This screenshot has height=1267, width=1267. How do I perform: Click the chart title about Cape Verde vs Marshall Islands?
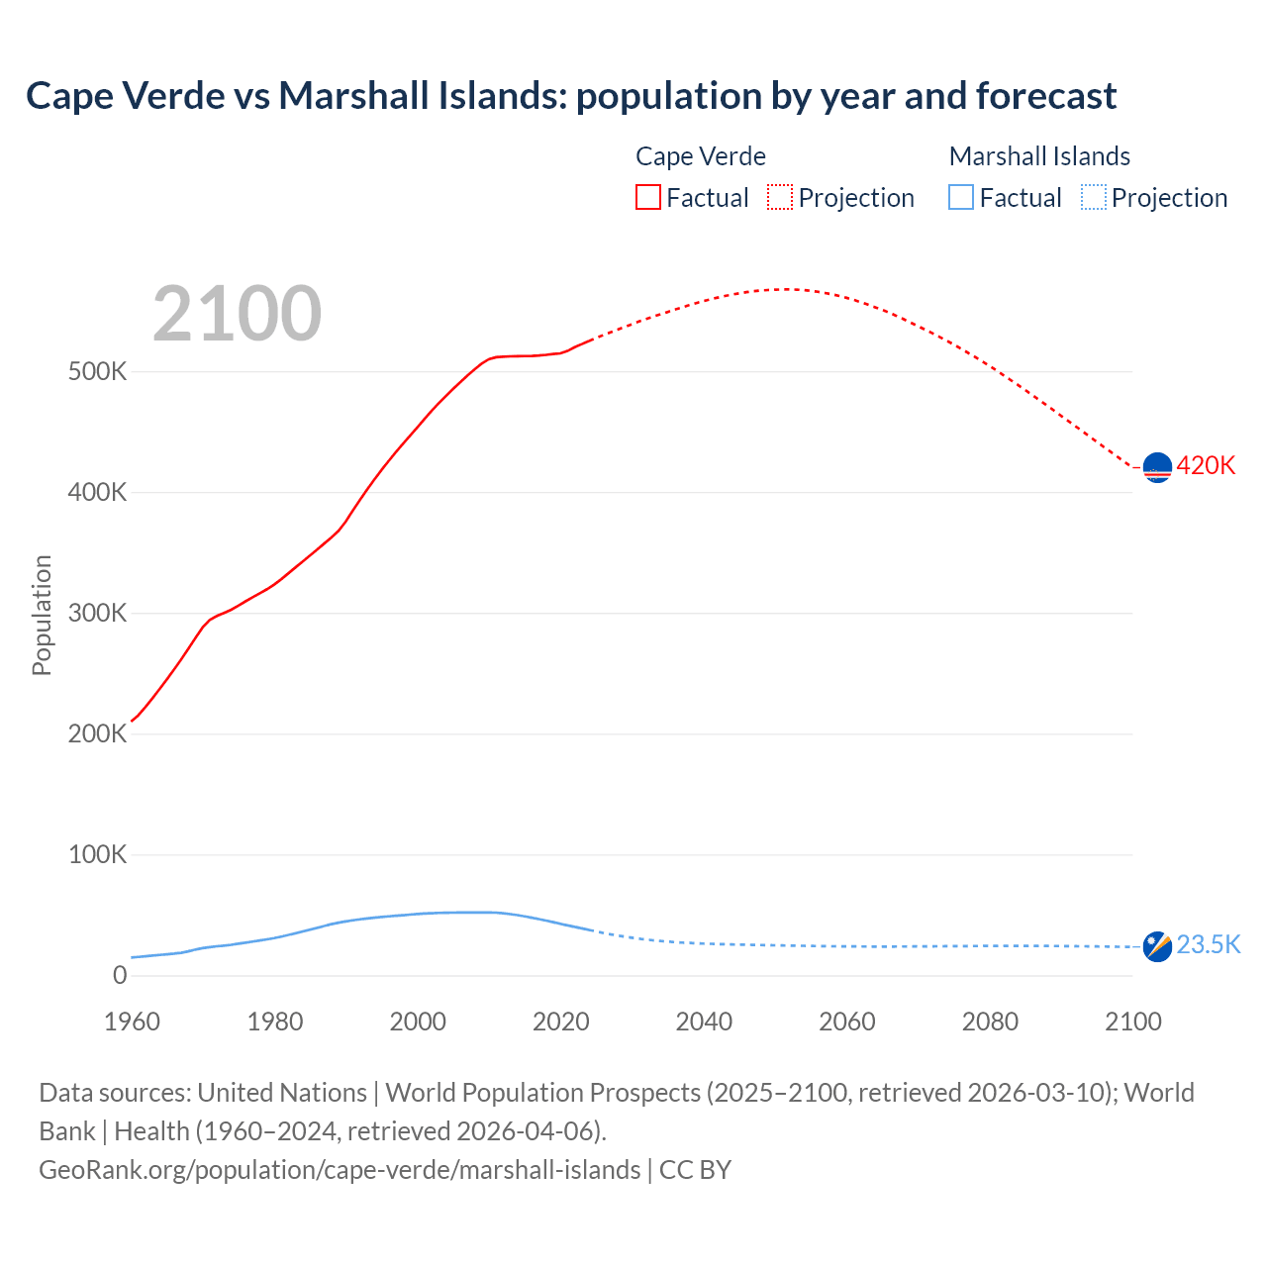571,96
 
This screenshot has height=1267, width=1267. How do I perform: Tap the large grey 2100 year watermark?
237,314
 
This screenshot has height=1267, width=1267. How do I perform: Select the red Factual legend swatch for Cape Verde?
647,197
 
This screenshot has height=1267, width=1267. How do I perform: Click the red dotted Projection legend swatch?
780,197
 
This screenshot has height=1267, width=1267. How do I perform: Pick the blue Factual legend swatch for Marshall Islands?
960,197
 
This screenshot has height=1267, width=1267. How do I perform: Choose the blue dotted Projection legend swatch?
1093,197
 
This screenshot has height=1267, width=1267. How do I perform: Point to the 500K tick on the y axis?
98,372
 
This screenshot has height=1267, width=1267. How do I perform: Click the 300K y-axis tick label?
98,614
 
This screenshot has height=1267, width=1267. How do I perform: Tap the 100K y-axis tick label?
98,854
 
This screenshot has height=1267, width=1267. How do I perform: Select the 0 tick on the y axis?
120,975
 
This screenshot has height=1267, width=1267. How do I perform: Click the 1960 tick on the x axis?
132,1022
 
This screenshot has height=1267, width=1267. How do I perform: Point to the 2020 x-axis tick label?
561,1022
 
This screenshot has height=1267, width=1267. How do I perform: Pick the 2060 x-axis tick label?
847,1022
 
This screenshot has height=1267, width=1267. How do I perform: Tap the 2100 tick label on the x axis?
1132,1022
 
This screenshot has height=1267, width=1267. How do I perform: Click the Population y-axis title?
42,615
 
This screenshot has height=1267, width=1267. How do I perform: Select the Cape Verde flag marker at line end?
1157,466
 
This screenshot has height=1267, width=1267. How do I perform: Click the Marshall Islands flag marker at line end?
1157,946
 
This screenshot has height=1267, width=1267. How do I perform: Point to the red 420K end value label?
1206,465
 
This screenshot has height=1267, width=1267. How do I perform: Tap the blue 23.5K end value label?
1208,945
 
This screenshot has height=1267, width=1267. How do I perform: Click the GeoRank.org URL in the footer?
340,1169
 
